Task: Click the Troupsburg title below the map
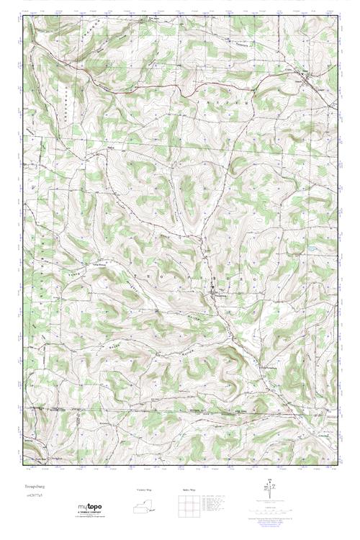click(x=33, y=487)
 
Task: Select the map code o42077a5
click(x=34, y=496)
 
